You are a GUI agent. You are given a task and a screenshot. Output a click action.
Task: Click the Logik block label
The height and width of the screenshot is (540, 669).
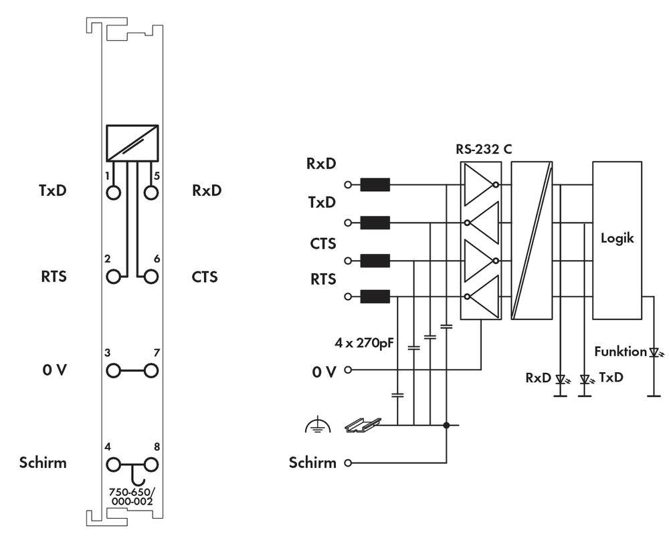coord(617,237)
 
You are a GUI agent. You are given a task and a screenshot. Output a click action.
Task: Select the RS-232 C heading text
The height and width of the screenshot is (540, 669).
coord(484,149)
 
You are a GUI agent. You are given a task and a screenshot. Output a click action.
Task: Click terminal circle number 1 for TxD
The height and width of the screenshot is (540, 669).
coord(113,192)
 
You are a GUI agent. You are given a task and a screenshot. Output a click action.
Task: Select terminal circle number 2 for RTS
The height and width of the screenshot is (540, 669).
coord(113,276)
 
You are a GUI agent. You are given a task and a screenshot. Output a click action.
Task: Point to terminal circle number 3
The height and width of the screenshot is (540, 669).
coord(113,370)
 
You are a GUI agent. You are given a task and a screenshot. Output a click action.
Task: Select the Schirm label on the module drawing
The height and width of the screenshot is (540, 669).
coord(43,462)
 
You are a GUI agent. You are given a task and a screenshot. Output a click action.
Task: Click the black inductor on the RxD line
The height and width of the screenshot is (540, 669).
coord(375,184)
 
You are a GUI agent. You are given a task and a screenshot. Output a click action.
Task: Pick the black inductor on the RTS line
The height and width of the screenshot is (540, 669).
coord(375,296)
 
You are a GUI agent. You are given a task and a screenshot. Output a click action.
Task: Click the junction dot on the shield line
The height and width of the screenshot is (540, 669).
coord(447,424)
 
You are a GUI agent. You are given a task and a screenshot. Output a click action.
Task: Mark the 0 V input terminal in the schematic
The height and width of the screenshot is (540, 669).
coord(347,369)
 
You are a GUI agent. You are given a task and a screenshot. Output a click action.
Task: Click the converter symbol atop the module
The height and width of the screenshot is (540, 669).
coord(132,142)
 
